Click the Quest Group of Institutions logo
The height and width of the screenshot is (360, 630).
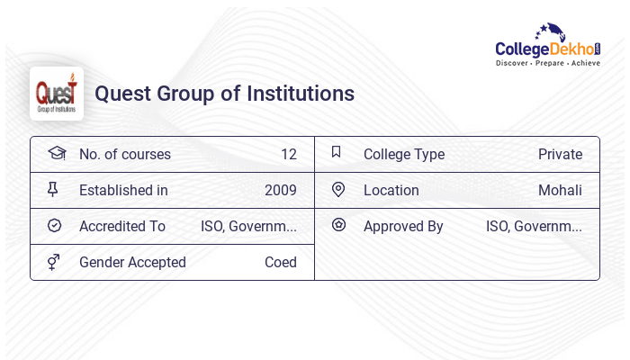click(57, 94)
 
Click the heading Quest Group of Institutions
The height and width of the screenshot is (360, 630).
click(224, 94)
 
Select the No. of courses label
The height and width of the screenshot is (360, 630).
click(125, 154)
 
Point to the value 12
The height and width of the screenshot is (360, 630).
click(288, 154)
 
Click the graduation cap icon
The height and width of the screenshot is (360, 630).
click(56, 153)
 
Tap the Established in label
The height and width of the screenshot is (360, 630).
click(123, 190)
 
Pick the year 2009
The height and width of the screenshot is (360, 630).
click(280, 190)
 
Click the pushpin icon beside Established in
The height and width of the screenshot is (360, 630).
click(54, 189)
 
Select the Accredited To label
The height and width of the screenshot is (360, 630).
click(122, 226)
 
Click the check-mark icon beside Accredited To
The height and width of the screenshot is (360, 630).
click(54, 225)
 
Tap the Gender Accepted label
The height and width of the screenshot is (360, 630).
click(132, 262)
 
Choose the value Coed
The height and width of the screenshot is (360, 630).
click(280, 262)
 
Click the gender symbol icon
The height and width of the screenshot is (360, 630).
click(54, 261)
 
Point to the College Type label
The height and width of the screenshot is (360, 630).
click(404, 154)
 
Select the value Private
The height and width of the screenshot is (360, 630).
click(560, 154)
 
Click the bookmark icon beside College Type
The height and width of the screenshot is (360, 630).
click(337, 152)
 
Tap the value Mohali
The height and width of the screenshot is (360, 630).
click(560, 190)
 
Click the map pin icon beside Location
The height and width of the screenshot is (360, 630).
click(338, 189)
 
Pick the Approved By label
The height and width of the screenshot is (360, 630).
click(403, 226)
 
